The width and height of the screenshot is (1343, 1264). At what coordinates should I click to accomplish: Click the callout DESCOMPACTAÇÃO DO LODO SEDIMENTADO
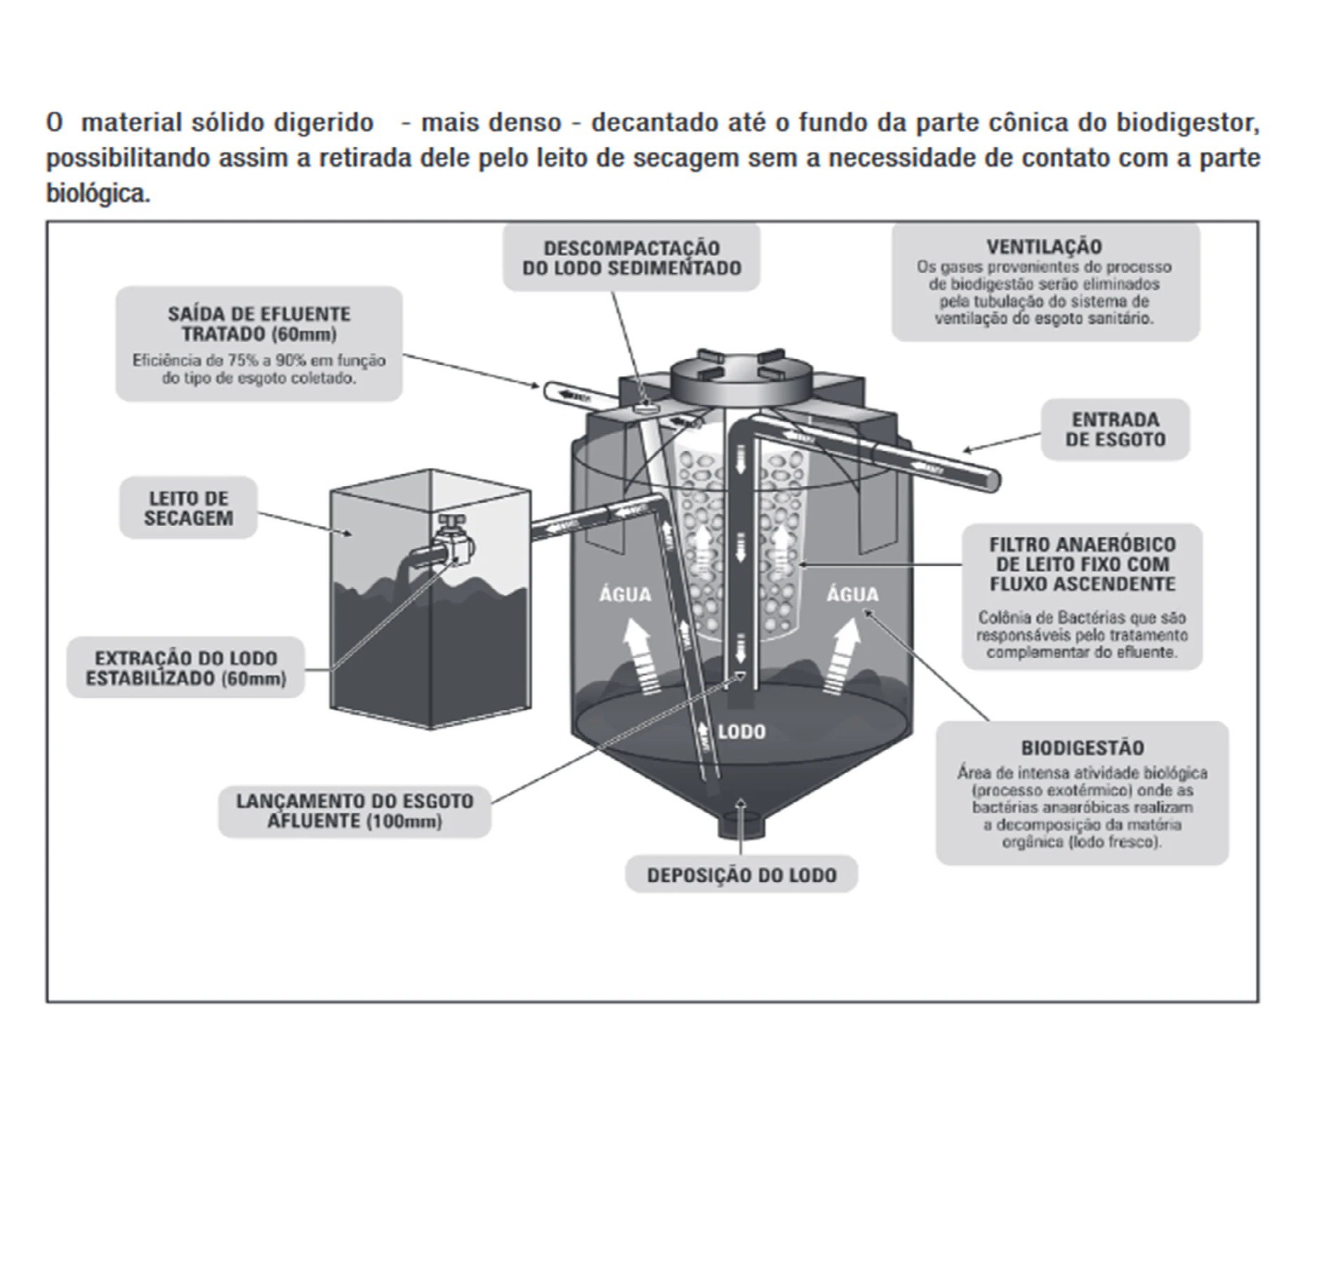pyautogui.click(x=631, y=258)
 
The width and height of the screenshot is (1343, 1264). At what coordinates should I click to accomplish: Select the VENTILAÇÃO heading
pyautogui.click(x=1044, y=247)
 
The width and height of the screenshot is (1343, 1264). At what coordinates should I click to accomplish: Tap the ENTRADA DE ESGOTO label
pyautogui.click(x=1115, y=429)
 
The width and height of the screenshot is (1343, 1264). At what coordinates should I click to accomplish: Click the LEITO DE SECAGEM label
pyautogui.click(x=188, y=508)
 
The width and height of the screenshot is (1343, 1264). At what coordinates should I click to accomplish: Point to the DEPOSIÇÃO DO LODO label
pyautogui.click(x=741, y=875)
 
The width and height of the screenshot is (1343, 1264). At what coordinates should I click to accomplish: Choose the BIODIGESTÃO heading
pyautogui.click(x=1082, y=747)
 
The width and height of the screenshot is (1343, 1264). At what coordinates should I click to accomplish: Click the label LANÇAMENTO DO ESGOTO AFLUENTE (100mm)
pyautogui.click(x=355, y=811)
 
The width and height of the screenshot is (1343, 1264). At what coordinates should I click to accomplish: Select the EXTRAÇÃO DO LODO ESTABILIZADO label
pyautogui.click(x=186, y=668)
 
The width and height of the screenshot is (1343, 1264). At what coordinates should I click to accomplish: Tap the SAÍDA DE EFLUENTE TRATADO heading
pyautogui.click(x=259, y=323)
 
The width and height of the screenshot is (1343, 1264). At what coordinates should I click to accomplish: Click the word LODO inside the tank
pyautogui.click(x=741, y=732)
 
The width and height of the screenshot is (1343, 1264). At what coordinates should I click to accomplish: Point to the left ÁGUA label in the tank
pyautogui.click(x=625, y=595)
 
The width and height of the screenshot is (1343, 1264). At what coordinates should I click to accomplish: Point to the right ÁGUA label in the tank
pyautogui.click(x=852, y=595)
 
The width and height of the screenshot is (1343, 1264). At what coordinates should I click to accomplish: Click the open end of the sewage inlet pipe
pyautogui.click(x=993, y=480)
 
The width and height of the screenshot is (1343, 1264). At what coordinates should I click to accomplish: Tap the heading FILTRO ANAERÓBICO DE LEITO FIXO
pyautogui.click(x=1082, y=564)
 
